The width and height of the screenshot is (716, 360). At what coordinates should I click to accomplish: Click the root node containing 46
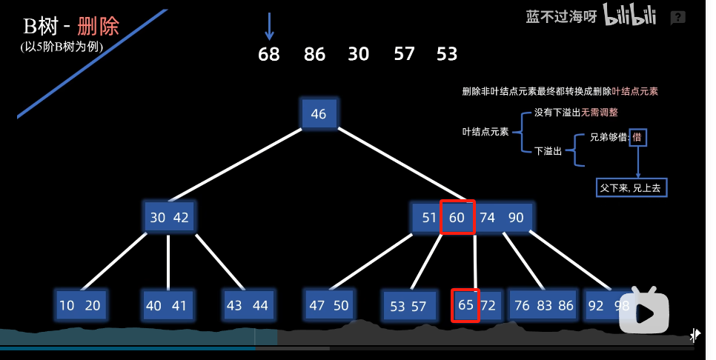[x=319, y=114]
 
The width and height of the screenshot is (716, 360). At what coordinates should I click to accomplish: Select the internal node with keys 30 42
[x=169, y=218]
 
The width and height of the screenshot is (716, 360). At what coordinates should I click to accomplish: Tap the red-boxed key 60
[x=457, y=218]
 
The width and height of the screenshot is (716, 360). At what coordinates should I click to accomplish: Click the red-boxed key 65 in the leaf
[x=465, y=305]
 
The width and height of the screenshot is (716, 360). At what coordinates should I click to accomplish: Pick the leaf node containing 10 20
[x=80, y=305]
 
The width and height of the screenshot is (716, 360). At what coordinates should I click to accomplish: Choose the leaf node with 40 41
[x=168, y=305]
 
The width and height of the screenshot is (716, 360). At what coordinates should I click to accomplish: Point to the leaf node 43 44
[x=248, y=305]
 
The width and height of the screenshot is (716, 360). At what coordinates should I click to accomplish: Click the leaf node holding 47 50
[x=329, y=305]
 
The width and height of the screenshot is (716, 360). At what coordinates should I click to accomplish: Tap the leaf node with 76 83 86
[x=543, y=305]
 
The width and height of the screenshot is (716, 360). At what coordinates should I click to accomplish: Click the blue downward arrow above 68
[x=269, y=26]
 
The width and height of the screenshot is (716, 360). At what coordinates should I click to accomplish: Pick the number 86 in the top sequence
[x=314, y=54]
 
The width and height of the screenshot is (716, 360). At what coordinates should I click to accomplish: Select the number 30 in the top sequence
[x=359, y=54]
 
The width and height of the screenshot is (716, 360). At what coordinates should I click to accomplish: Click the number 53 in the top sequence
[x=447, y=54]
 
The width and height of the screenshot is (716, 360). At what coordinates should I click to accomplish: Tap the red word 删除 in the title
[x=98, y=27]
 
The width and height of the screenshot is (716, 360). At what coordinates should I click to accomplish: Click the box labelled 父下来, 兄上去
[x=632, y=188]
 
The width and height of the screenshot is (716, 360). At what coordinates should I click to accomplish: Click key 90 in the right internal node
[x=516, y=218]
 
